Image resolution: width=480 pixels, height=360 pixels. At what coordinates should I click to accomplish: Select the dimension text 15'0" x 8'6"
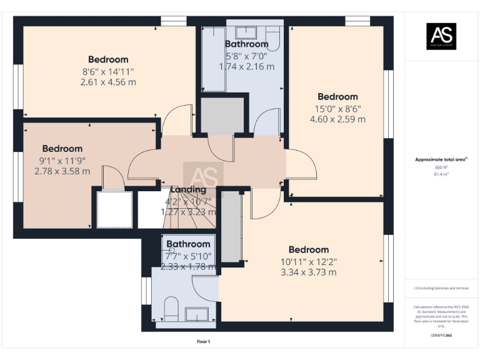tap(337, 107)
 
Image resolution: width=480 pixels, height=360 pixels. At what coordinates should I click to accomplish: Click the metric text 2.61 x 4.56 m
tap(108, 82)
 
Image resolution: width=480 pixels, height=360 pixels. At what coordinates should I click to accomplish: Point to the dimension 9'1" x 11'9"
tap(62, 160)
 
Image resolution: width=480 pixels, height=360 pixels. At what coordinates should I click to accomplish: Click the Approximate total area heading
tap(441, 159)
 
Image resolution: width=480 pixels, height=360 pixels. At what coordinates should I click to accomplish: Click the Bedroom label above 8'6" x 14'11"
tap(108, 59)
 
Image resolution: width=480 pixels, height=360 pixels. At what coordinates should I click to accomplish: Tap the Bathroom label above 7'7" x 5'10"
tap(188, 244)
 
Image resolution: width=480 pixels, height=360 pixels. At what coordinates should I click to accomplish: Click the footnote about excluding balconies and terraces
tap(441, 288)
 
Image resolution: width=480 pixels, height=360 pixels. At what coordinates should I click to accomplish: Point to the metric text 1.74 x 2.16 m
tap(246, 66)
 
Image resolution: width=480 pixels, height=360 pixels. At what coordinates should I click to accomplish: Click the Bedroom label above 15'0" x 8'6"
tap(337, 96)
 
